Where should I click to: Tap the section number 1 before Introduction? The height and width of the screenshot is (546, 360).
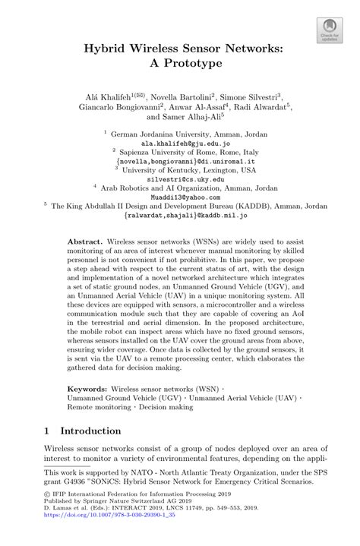(x=47, y=431)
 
